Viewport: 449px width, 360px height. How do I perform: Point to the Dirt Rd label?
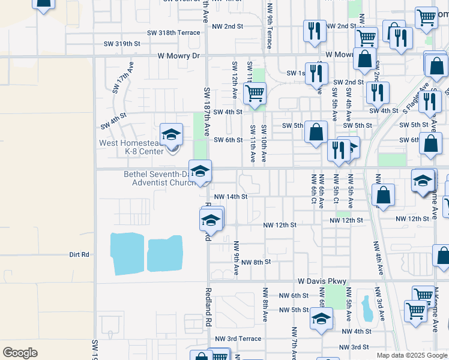tap(79, 254)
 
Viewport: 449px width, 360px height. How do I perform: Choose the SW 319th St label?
tap(122, 44)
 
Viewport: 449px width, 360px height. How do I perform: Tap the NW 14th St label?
tap(231, 196)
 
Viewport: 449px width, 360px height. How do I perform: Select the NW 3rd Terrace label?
tap(242, 338)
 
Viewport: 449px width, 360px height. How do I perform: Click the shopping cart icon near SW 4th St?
tap(255, 94)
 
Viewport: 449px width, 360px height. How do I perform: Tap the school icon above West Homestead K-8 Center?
tap(171, 135)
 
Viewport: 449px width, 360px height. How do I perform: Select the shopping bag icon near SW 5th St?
tap(316, 132)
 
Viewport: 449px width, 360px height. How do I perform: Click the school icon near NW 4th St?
tap(321, 319)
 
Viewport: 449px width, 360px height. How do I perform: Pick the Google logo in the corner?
tap(20, 352)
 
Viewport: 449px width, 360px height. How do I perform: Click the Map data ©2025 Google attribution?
tap(412, 355)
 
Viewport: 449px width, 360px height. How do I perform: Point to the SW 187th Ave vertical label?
tap(206, 112)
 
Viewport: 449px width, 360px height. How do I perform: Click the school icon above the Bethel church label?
tap(200, 171)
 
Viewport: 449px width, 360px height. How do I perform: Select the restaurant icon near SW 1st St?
tap(316, 74)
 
